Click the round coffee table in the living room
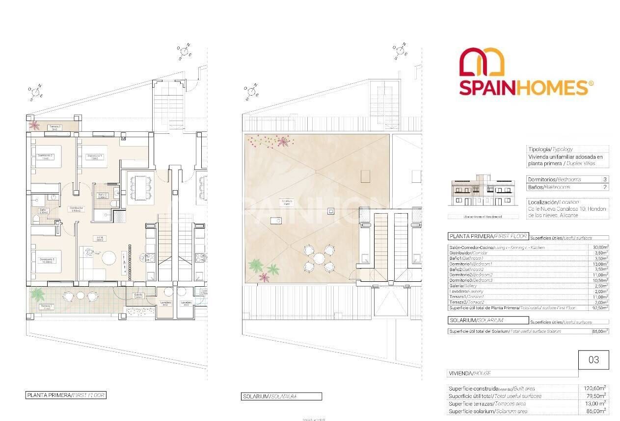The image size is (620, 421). (109, 258)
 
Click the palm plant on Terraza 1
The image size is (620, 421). (38, 295)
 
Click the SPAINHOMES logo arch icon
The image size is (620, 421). (482, 63)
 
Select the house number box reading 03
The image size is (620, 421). (593, 360)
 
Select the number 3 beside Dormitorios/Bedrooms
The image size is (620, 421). (604, 179)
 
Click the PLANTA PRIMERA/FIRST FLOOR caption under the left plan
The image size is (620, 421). (66, 395)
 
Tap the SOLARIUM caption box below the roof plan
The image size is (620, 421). (282, 396)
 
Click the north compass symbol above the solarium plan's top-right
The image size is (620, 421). (401, 51)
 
